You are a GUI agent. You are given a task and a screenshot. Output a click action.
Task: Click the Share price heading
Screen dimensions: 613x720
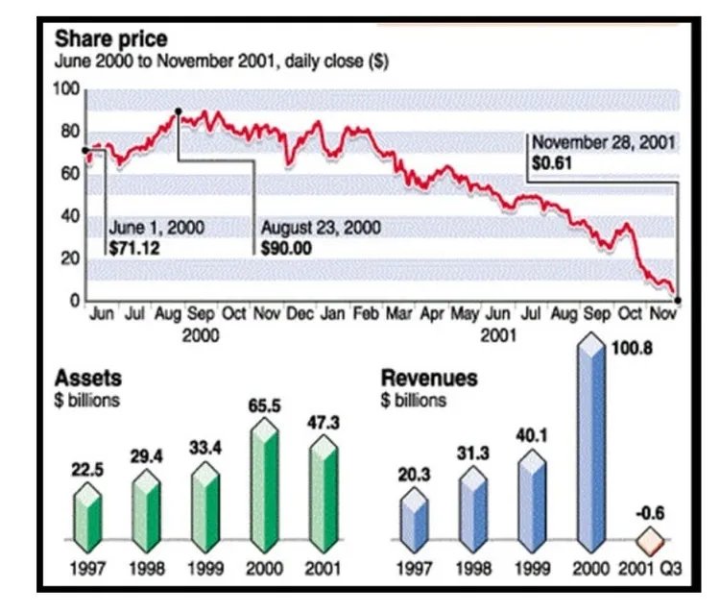click(x=110, y=39)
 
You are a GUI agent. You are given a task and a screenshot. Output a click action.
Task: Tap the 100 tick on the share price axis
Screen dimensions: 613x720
click(x=67, y=89)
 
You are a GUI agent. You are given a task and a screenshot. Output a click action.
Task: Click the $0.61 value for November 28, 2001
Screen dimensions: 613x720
click(x=552, y=164)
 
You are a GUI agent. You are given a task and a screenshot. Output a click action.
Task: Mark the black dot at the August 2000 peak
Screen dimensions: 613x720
click(x=179, y=112)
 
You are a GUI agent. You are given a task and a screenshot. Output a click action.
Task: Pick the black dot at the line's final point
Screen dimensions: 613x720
click(x=678, y=301)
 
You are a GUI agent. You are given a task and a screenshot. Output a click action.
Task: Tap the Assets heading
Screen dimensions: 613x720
click(x=88, y=378)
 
